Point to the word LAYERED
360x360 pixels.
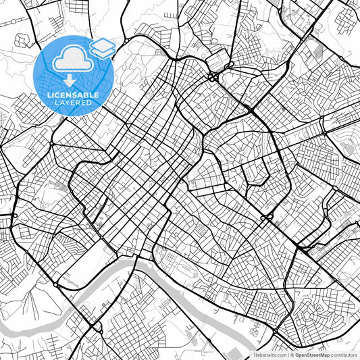tap(73, 104)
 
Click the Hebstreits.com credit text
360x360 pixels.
tap(269, 355)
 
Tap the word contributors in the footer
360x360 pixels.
tap(344, 355)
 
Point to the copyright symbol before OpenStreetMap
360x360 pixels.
tap(292, 355)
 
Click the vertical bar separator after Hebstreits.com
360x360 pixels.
tap(287, 355)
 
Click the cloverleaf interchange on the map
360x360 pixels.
tap(213, 76)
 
